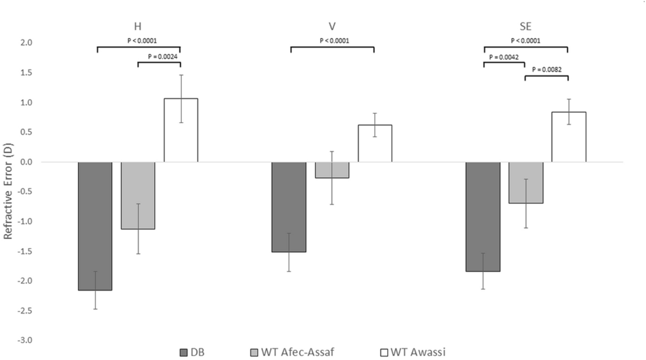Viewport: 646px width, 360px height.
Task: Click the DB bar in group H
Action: (95, 226)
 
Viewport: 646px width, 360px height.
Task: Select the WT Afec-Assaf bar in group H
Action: (138, 195)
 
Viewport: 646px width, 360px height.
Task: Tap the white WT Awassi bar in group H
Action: (181, 130)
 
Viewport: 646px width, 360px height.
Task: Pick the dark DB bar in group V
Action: (288, 207)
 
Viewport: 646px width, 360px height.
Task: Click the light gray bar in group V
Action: (332, 170)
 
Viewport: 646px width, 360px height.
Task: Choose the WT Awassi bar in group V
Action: (375, 144)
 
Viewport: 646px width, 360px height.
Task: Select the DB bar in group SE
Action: (482, 216)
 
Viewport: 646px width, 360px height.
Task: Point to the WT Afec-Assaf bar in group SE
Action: (525, 182)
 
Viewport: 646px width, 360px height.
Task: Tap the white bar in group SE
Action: (568, 137)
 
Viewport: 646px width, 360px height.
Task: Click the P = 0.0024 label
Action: (159, 56)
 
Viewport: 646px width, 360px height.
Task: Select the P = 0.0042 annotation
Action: (504, 56)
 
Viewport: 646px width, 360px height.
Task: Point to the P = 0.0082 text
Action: (547, 69)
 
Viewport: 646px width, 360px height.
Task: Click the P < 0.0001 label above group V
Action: (332, 41)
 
